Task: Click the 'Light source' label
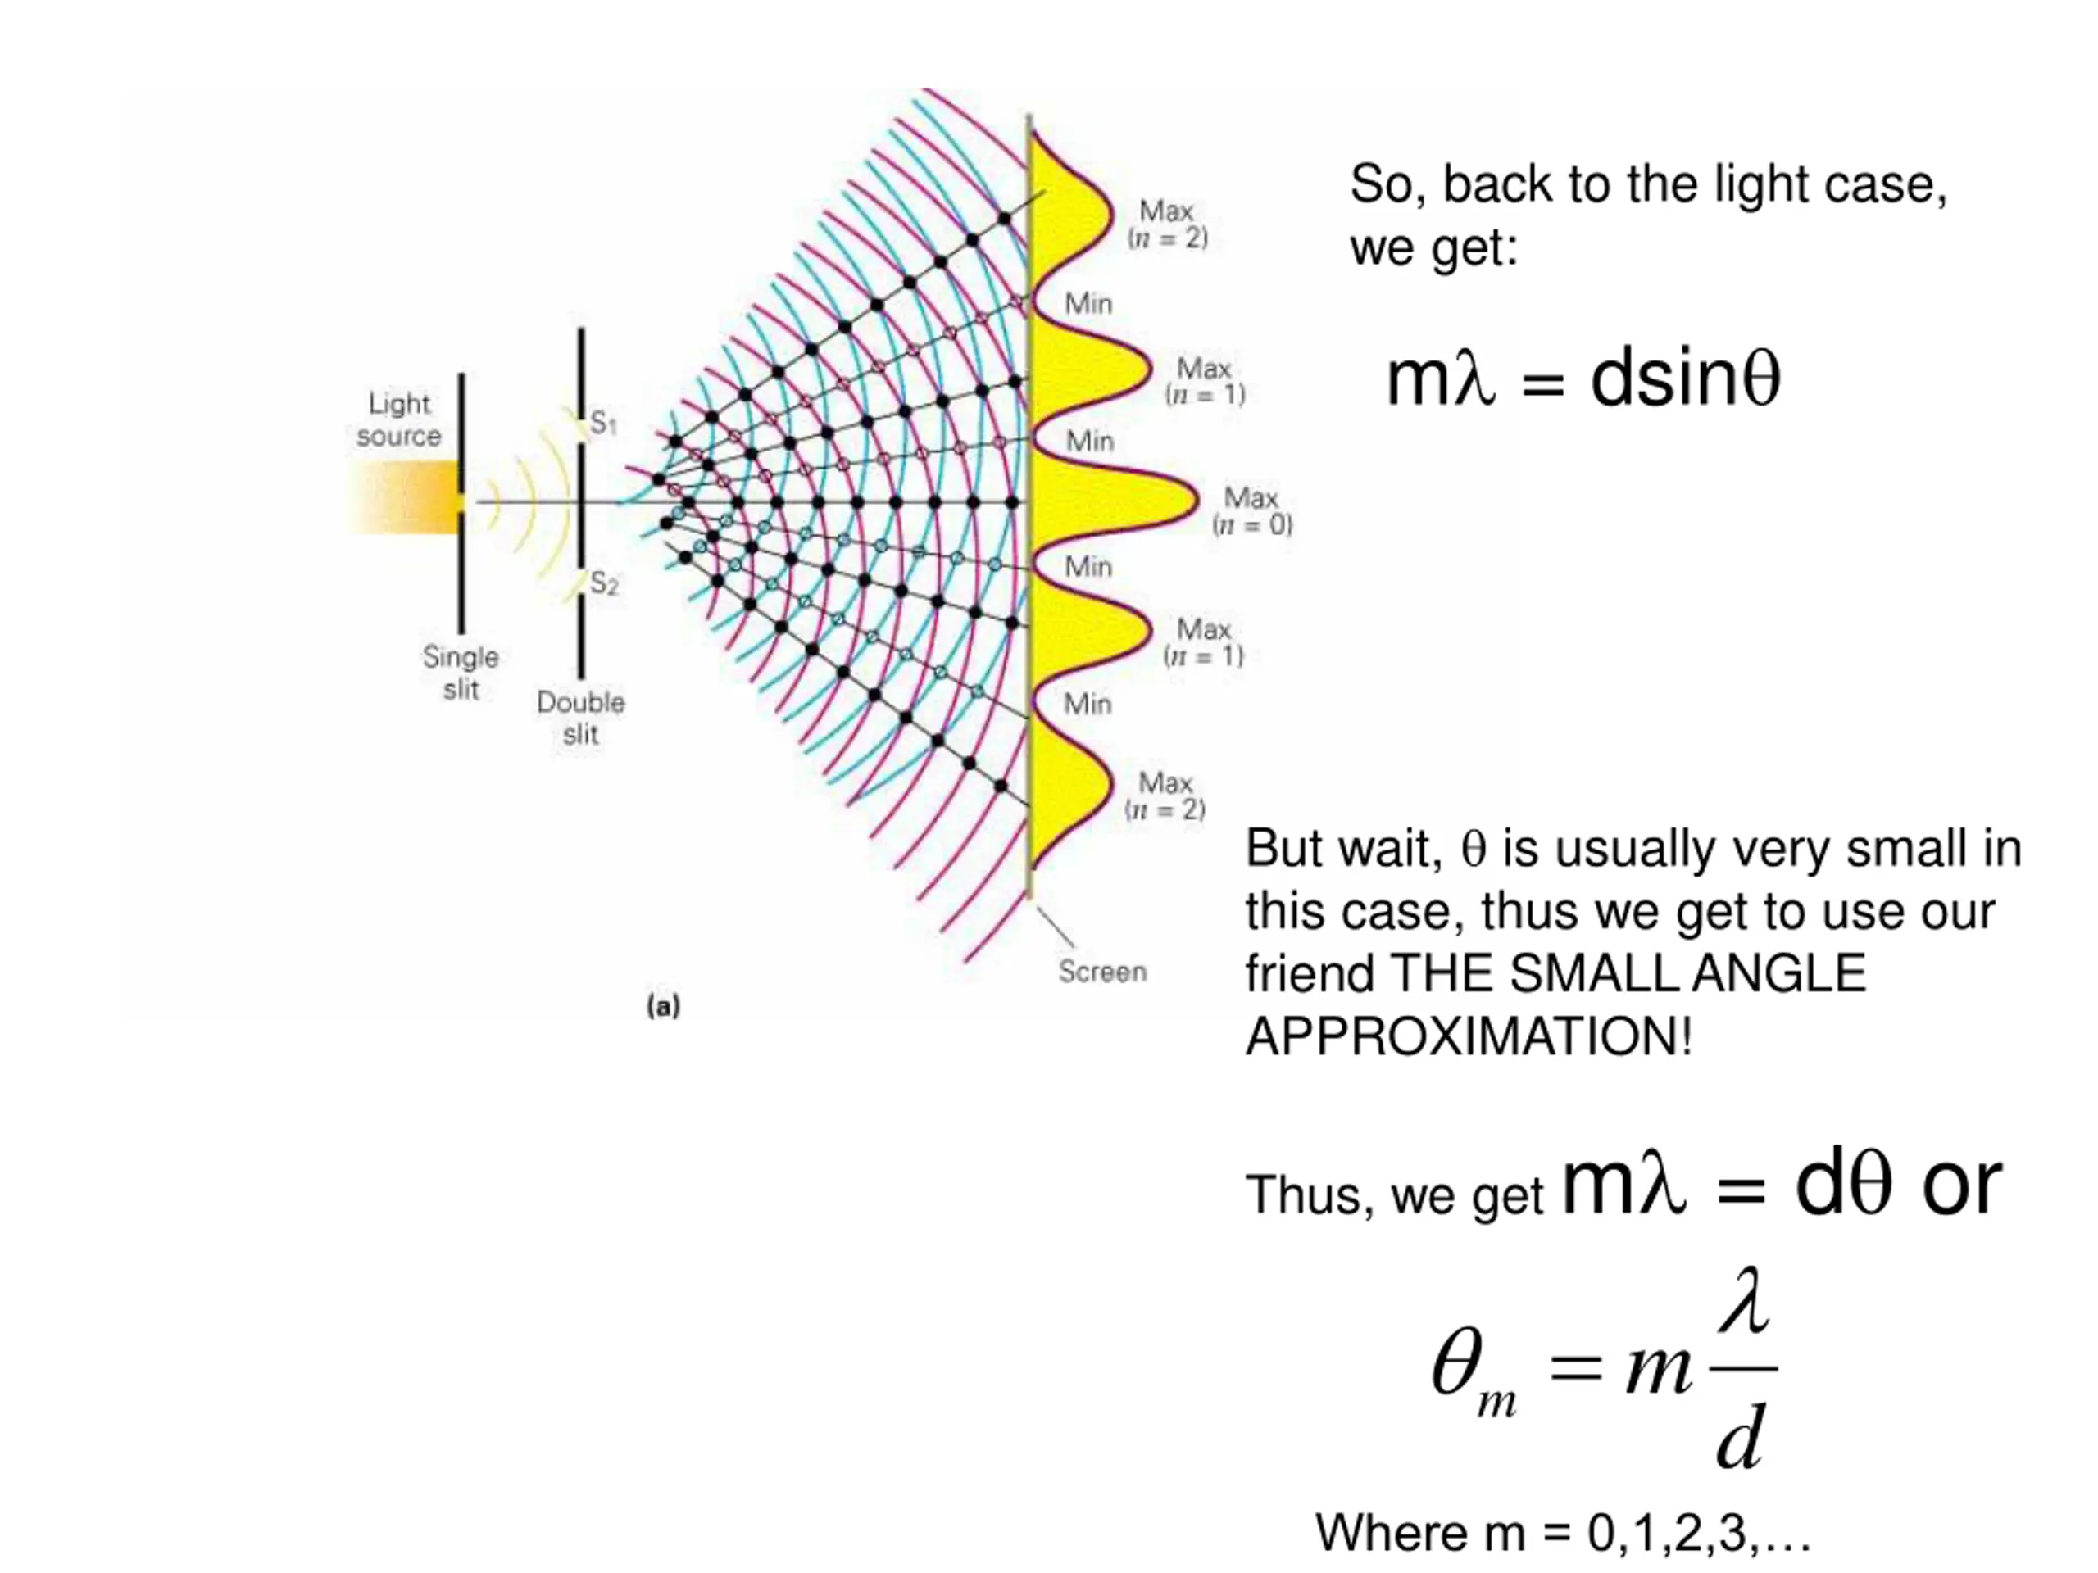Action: click(x=399, y=419)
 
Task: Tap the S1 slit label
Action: click(x=603, y=422)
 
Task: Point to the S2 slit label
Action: click(x=603, y=583)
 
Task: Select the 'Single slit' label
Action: click(x=461, y=673)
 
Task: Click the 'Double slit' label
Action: click(x=580, y=718)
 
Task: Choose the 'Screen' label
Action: click(x=1102, y=971)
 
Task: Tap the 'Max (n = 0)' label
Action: click(x=1252, y=511)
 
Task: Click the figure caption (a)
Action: click(x=663, y=1006)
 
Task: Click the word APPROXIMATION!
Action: click(x=1469, y=1036)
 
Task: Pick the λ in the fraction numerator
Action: click(x=1743, y=1301)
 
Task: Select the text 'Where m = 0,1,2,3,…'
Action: click(x=1563, y=1532)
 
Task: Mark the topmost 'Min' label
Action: click(x=1088, y=303)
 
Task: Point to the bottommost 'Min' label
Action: click(x=1087, y=704)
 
